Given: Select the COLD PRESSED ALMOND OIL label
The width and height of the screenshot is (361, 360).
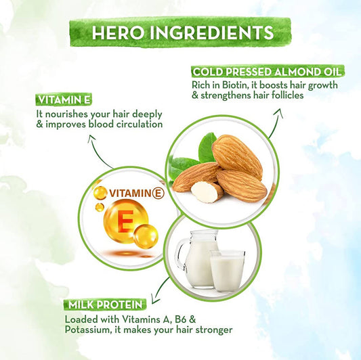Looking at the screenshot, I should click(x=268, y=72).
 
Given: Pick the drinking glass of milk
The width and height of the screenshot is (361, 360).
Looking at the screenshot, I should click(x=227, y=271).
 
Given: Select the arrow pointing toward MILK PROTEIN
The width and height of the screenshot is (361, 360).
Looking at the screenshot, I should click(x=160, y=291).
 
